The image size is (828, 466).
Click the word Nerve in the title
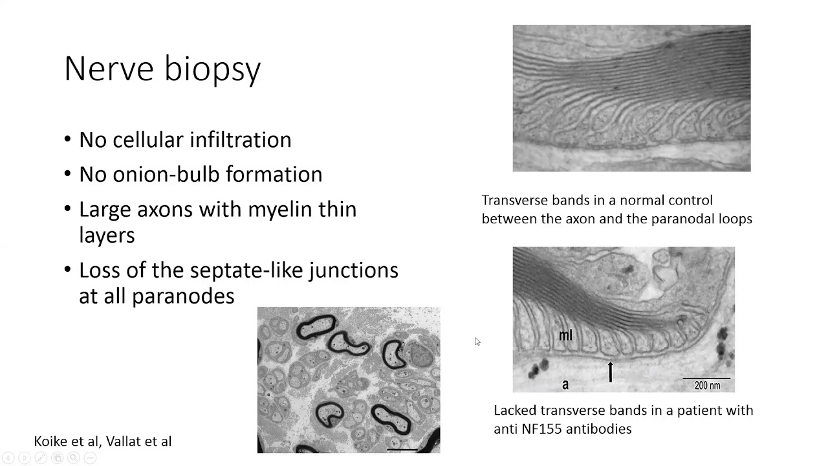(108, 69)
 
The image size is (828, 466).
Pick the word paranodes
(183, 296)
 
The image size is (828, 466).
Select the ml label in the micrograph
(565, 335)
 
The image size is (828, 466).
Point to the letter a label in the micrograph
(565, 384)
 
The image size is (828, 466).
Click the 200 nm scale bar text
(707, 385)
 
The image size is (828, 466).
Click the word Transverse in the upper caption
(514, 200)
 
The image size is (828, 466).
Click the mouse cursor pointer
(477, 341)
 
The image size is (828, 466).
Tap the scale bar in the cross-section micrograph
(402, 448)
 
